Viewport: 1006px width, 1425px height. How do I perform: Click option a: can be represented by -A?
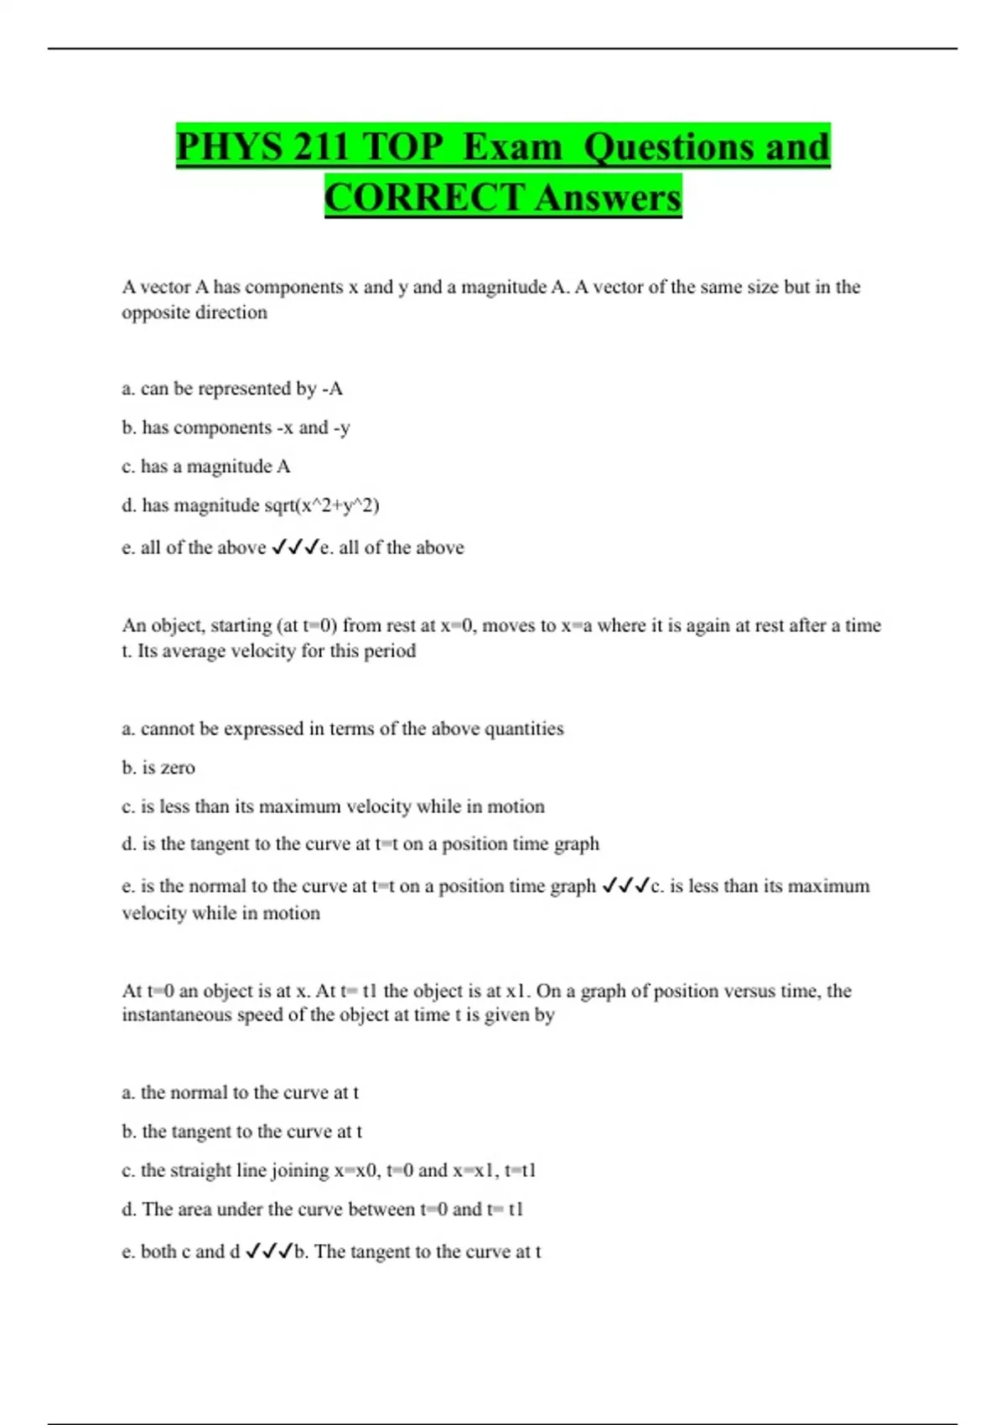(x=232, y=389)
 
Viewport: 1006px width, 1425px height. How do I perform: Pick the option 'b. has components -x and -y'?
(x=236, y=427)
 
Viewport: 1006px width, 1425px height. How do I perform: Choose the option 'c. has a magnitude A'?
(x=206, y=466)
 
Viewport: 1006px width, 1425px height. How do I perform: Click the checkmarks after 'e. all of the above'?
(x=295, y=547)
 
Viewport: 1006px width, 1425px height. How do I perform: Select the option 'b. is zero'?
(x=158, y=768)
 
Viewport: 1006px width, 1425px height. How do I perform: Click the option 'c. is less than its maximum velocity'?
(x=333, y=806)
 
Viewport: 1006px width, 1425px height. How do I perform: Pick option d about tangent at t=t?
(x=360, y=844)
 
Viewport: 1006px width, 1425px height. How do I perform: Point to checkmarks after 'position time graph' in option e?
(x=625, y=886)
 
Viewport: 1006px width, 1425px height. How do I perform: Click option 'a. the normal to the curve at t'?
(x=240, y=1093)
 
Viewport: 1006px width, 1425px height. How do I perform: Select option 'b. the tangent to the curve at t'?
(x=241, y=1132)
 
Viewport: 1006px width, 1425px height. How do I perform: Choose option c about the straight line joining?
(x=329, y=1170)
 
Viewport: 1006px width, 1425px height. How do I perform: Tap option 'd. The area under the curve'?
(x=322, y=1210)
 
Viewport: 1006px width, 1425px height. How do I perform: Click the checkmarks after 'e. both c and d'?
(x=268, y=1251)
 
